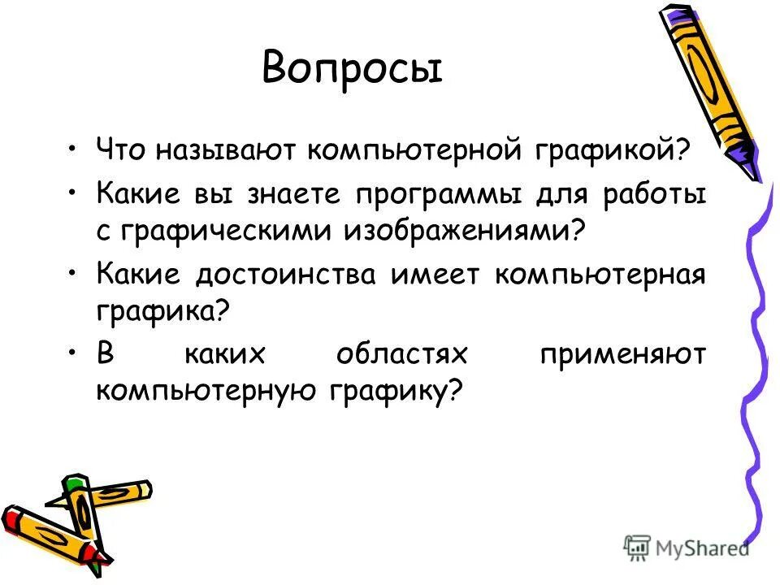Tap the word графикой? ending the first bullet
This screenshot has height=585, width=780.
(614, 150)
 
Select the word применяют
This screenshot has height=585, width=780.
(622, 356)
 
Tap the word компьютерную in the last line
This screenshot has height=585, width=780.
(206, 391)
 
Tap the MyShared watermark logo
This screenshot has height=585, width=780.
(687, 547)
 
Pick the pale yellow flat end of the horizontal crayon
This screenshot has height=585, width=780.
(146, 490)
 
